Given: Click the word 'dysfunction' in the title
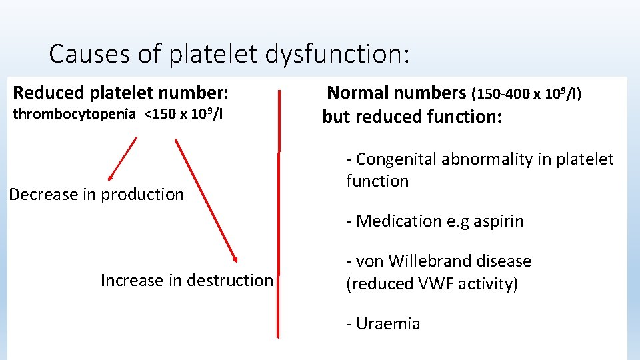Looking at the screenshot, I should point(336,54).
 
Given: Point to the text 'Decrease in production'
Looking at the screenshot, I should point(96,194).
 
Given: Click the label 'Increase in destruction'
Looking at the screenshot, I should point(187,280).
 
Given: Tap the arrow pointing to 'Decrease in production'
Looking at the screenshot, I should point(122,159).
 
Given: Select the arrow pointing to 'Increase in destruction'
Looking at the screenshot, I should point(206,201).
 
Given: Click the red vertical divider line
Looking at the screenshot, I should point(279,220).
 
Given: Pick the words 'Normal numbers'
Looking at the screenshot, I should point(396,93).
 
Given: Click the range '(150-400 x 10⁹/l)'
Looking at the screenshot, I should point(527,94).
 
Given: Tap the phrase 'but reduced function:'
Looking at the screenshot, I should point(412,117).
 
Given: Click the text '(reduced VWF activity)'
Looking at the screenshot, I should point(431,283).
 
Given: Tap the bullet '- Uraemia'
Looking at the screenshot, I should point(383,323).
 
